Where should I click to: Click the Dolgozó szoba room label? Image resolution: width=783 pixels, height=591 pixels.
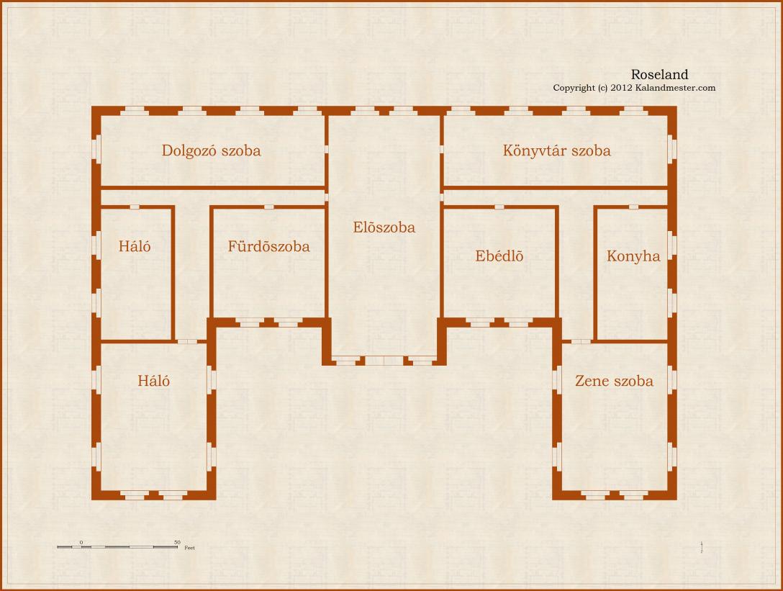212,150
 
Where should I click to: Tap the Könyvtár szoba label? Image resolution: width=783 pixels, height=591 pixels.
557,150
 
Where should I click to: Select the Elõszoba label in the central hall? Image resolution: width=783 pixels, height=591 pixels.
384,227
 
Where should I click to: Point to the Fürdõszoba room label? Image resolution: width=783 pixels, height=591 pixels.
268,245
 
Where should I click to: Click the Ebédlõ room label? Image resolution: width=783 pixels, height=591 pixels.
499,256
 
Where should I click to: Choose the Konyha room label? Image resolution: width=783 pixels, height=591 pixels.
633,256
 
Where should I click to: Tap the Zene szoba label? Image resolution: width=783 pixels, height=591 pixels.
614,381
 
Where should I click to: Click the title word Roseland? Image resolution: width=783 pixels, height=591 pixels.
660,74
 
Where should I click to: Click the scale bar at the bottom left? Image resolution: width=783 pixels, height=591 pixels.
117,547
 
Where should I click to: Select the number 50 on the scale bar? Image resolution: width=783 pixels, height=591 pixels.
177,542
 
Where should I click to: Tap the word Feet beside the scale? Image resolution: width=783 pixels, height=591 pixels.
190,548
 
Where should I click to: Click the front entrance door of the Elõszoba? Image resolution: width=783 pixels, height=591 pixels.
384,360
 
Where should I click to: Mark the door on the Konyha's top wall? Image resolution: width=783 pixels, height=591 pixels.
633,207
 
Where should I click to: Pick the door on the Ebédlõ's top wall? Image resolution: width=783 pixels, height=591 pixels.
499,207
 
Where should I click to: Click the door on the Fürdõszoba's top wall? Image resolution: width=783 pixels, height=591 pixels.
268,207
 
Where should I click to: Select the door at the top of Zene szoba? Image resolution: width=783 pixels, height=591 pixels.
580,342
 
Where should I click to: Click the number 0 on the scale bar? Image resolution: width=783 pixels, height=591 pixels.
81,542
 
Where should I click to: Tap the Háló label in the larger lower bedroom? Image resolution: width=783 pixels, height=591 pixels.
153,381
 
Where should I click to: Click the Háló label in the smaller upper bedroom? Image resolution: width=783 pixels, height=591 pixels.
135,245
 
